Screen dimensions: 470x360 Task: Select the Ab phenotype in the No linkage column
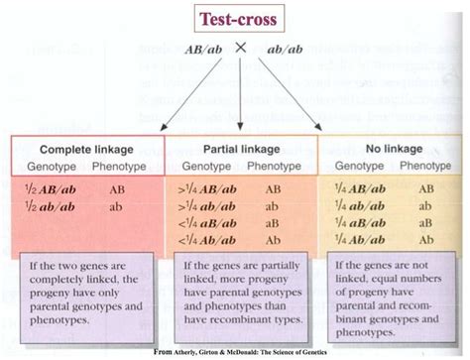(425, 222)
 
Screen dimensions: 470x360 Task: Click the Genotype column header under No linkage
(362, 165)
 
